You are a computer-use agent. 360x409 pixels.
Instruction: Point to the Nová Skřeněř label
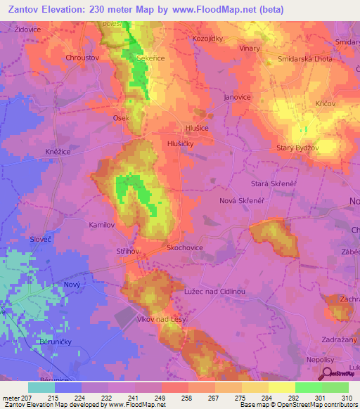[x=240, y=200]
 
